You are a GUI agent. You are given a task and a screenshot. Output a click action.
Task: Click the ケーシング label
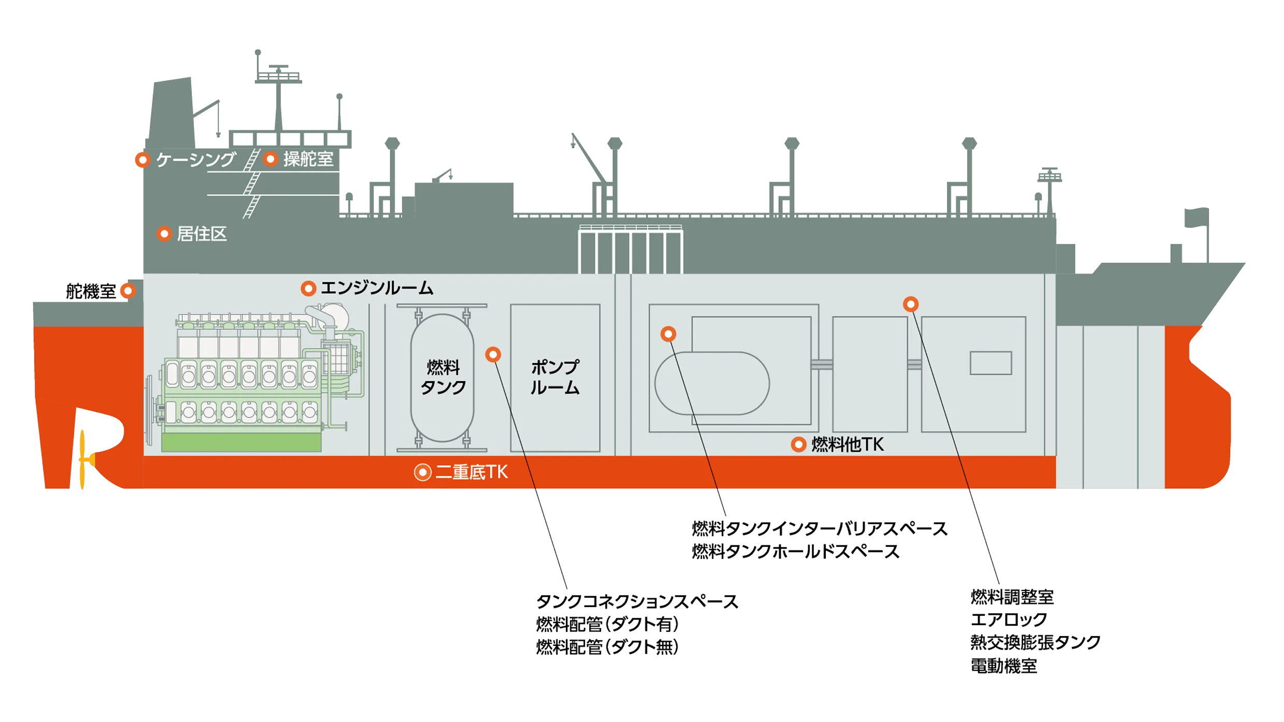196,160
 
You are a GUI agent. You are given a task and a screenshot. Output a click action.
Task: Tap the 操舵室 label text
308,159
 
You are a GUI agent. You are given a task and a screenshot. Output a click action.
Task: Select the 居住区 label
202,234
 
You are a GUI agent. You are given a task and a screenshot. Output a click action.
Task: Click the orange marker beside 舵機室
128,291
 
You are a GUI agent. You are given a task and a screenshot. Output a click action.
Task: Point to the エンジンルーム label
377,288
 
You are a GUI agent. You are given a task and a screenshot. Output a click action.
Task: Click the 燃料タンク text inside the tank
443,378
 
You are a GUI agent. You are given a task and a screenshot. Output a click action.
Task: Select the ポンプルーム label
555,378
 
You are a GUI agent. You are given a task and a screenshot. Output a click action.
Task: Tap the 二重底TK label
471,472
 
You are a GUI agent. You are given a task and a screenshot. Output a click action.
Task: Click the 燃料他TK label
847,444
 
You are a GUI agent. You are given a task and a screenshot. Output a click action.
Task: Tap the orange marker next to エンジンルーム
309,288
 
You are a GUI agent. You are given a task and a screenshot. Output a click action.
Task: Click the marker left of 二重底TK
422,472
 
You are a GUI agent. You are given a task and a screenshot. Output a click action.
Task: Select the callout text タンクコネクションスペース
637,602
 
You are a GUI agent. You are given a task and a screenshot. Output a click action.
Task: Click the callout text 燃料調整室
1011,597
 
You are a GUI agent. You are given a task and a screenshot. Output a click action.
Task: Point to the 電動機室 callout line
1003,666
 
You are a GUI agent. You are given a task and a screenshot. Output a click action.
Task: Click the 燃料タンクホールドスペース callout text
796,552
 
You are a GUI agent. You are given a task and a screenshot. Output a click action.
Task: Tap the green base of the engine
241,442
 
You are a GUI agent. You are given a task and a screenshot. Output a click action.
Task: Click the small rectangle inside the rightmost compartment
990,363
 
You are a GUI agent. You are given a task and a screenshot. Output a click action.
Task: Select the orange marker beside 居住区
164,234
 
